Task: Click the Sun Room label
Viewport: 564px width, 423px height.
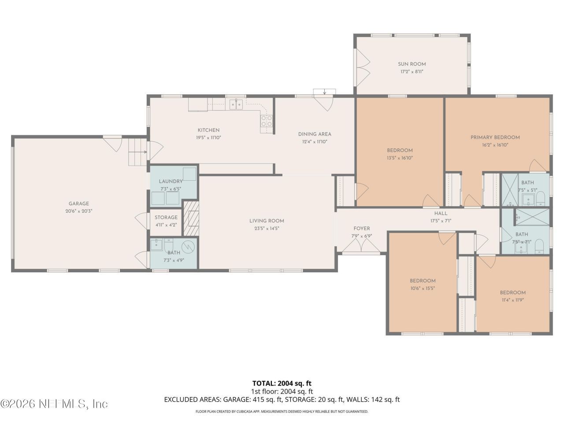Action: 412,64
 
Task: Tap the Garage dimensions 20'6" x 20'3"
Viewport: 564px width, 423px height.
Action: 79,211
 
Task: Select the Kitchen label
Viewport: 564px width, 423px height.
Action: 208,130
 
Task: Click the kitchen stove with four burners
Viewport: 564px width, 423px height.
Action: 267,121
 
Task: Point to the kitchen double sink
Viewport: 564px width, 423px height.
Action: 237,104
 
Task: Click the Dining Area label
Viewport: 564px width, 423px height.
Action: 314,134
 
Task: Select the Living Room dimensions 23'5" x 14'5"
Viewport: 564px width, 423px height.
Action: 267,228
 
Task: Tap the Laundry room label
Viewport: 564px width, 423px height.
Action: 171,181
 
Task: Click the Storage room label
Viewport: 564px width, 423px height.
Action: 166,217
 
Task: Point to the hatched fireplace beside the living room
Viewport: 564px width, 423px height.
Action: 191,219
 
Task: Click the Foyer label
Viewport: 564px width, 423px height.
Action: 361,228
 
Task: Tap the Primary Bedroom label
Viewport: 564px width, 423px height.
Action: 495,137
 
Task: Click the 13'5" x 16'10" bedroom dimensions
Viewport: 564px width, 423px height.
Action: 400,158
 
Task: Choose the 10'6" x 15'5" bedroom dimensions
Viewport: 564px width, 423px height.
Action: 423,288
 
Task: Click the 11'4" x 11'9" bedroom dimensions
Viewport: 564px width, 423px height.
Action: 512,300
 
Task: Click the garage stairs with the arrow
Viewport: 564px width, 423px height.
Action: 137,152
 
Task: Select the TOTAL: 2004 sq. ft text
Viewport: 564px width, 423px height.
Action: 282,383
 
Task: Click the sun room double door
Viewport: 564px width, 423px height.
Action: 362,68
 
